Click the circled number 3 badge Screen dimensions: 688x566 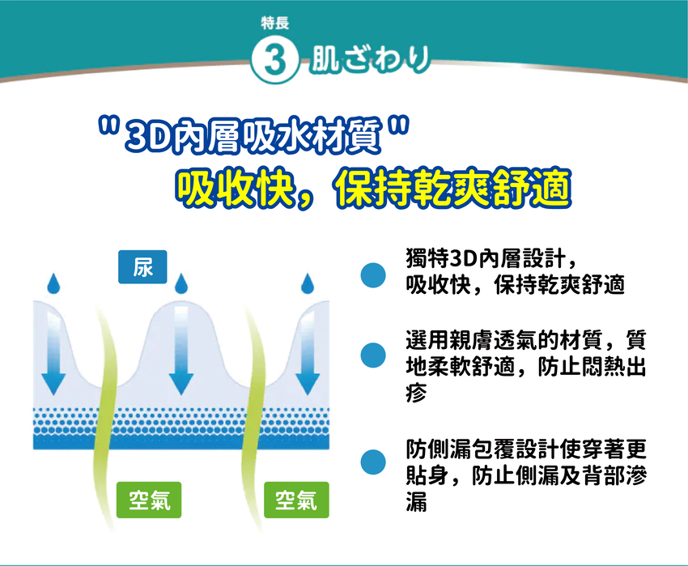pyautogui.click(x=274, y=60)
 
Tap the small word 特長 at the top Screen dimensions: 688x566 pyautogui.click(x=275, y=23)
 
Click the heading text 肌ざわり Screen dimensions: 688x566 pyautogui.click(x=370, y=59)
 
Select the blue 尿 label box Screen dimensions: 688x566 pyautogui.click(x=142, y=266)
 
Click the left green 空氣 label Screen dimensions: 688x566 pyautogui.click(x=149, y=500)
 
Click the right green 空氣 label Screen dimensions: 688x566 pyautogui.click(x=296, y=500)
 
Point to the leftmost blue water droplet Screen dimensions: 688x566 pyautogui.click(x=53, y=283)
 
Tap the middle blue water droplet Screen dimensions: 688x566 pyautogui.click(x=180, y=283)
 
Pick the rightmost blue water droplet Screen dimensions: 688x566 pyautogui.click(x=308, y=283)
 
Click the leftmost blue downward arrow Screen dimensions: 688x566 pyautogui.click(x=53, y=351)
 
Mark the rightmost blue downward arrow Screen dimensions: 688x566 pyautogui.click(x=308, y=351)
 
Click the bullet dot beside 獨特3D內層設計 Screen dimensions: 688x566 pyautogui.click(x=373, y=275)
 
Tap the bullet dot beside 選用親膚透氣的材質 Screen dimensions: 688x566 pyautogui.click(x=373, y=355)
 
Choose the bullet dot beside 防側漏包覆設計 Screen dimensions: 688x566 pyautogui.click(x=373, y=462)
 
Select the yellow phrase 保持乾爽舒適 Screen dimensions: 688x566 pyautogui.click(x=452, y=189)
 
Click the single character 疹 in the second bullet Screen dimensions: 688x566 pyautogui.click(x=416, y=392)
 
